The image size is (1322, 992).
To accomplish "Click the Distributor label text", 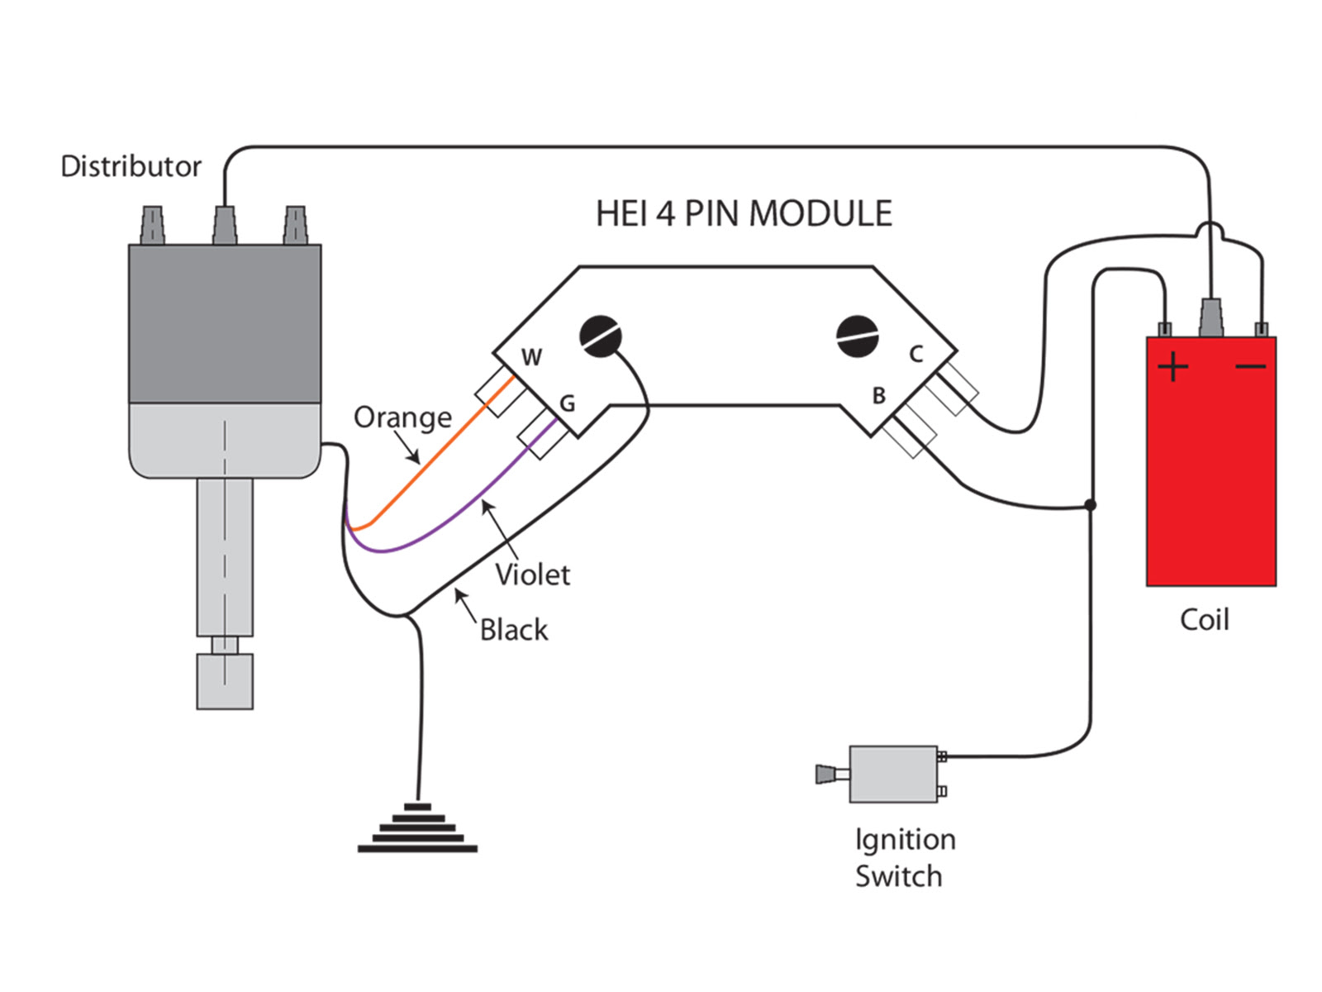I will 131,166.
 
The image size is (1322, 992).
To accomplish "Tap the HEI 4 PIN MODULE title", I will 744,213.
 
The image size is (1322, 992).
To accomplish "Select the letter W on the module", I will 531,357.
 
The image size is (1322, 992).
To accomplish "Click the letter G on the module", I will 567,403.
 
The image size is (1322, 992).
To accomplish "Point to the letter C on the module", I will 915,355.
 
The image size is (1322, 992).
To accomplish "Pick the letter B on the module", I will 879,396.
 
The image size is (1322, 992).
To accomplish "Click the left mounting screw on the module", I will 601,336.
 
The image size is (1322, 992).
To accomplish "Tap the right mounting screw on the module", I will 857,336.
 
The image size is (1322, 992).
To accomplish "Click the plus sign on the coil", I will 1173,366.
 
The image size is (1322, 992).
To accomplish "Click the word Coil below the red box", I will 1204,620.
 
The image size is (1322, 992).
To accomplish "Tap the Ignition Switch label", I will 904,857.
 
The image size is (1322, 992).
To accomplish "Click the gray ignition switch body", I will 893,775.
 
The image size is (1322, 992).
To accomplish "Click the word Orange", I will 402,417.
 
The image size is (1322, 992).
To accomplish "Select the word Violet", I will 532,575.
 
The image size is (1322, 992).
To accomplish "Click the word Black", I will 513,630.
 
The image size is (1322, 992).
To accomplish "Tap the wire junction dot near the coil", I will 1091,504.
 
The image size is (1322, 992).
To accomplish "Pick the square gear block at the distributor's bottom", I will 225,681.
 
